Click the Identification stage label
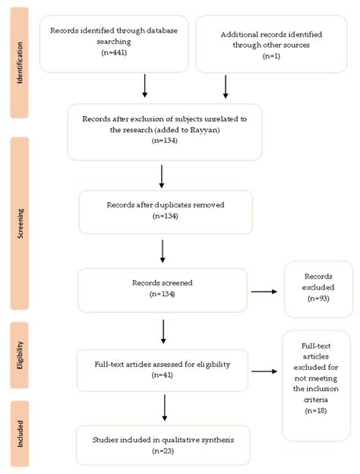pos(20,62)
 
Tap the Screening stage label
pos(21,223)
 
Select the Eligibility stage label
pos(20,355)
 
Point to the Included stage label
pos(20,434)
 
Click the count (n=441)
pos(114,52)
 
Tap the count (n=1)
pos(271,56)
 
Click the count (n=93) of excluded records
pos(318,299)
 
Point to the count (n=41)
pos(163,375)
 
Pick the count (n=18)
pos(316,410)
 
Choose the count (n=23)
pos(163,451)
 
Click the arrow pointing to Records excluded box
pos(264,292)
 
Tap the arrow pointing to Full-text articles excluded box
pos(264,371)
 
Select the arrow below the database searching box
pos(145,86)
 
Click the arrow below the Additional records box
pos(226,87)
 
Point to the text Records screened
pos(163,283)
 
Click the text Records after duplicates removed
pos(166,205)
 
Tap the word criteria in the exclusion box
pos(316,400)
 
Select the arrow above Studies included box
pos(165,407)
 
